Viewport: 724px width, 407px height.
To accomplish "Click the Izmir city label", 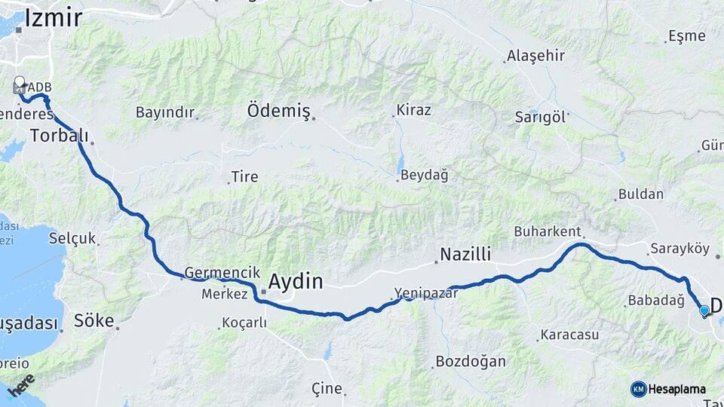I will pos(53,18).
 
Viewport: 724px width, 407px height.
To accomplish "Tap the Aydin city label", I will pos(296,282).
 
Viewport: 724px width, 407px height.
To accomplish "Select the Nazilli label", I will pos(465,254).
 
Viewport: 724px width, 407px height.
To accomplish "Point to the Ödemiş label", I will pos(278,112).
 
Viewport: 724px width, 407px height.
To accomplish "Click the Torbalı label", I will pos(58,136).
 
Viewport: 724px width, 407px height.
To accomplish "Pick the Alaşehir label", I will pos(535,56).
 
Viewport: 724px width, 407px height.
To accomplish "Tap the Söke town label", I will pos(94,320).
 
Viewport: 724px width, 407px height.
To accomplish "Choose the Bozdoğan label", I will pos(471,362).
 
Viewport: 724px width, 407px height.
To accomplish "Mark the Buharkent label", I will pos(548,231).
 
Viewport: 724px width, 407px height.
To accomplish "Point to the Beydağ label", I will pos(424,176).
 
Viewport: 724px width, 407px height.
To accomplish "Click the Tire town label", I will pos(244,177).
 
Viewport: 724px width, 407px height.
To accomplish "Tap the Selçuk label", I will pos(72,238).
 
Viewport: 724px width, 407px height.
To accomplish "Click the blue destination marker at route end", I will pos(704,310).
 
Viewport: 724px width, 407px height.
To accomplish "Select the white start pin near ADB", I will pos(19,83).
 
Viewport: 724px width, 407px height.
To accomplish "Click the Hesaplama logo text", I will pos(676,389).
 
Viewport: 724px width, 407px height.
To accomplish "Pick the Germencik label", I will pos(222,273).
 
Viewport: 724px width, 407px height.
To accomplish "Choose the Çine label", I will pos(327,389).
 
